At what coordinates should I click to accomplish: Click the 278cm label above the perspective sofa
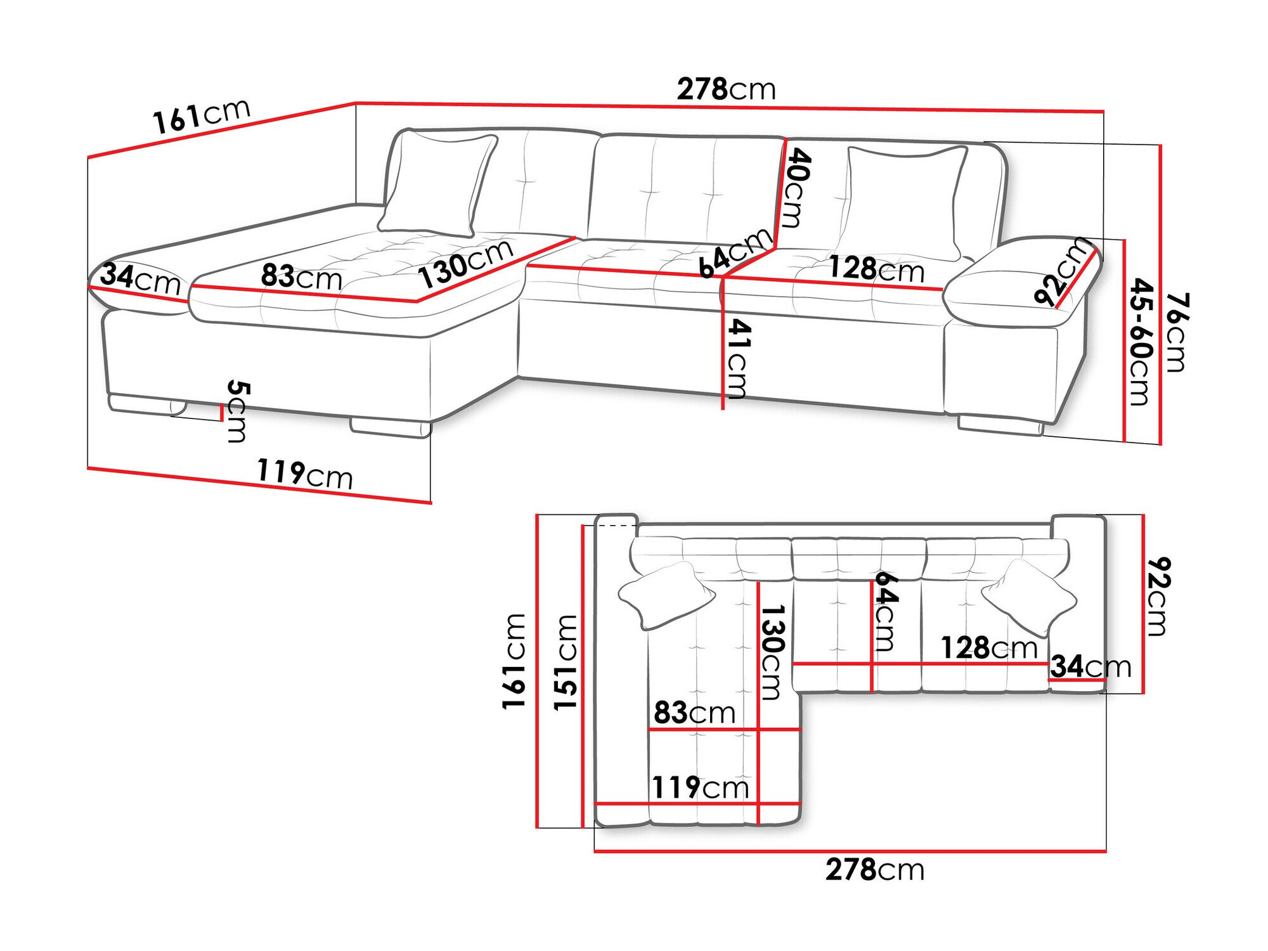pos(726,89)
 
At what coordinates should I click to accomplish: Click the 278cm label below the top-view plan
pos(874,869)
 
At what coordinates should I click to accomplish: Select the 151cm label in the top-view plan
pos(566,662)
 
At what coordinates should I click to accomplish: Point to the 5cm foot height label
pos(238,411)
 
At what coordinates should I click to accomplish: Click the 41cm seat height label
pos(738,359)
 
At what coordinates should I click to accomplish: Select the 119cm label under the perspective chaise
pos(304,474)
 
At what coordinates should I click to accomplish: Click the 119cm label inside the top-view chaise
pos(700,787)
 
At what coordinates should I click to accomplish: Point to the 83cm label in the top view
pos(694,713)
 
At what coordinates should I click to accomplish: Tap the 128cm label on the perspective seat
pos(876,269)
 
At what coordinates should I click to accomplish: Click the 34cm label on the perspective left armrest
pos(140,278)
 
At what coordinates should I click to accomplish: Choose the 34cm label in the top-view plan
pos(1090,666)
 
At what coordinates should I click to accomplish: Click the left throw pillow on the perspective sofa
pos(437,184)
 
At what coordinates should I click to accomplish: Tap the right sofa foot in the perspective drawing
pos(1000,425)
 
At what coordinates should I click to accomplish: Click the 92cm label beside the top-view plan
pos(1158,596)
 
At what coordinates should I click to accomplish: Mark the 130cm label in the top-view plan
pos(773,652)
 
